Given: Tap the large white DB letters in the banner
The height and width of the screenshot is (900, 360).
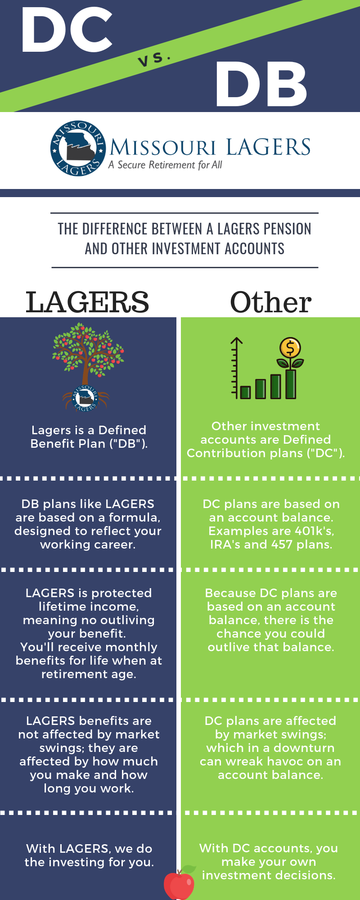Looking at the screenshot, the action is (x=261, y=84).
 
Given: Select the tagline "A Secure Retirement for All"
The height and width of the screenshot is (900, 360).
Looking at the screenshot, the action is (x=165, y=165).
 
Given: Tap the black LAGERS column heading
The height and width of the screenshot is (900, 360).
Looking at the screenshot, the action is (x=87, y=302).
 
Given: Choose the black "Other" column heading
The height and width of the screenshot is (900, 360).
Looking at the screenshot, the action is (x=271, y=302).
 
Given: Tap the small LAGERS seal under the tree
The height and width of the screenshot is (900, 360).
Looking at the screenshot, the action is (x=85, y=398).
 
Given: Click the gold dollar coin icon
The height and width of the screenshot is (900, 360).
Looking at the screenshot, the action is (x=290, y=348).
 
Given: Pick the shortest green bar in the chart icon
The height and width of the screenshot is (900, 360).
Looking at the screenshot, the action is (x=245, y=392).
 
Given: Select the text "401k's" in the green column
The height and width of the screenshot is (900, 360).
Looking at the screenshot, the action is (x=314, y=531).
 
